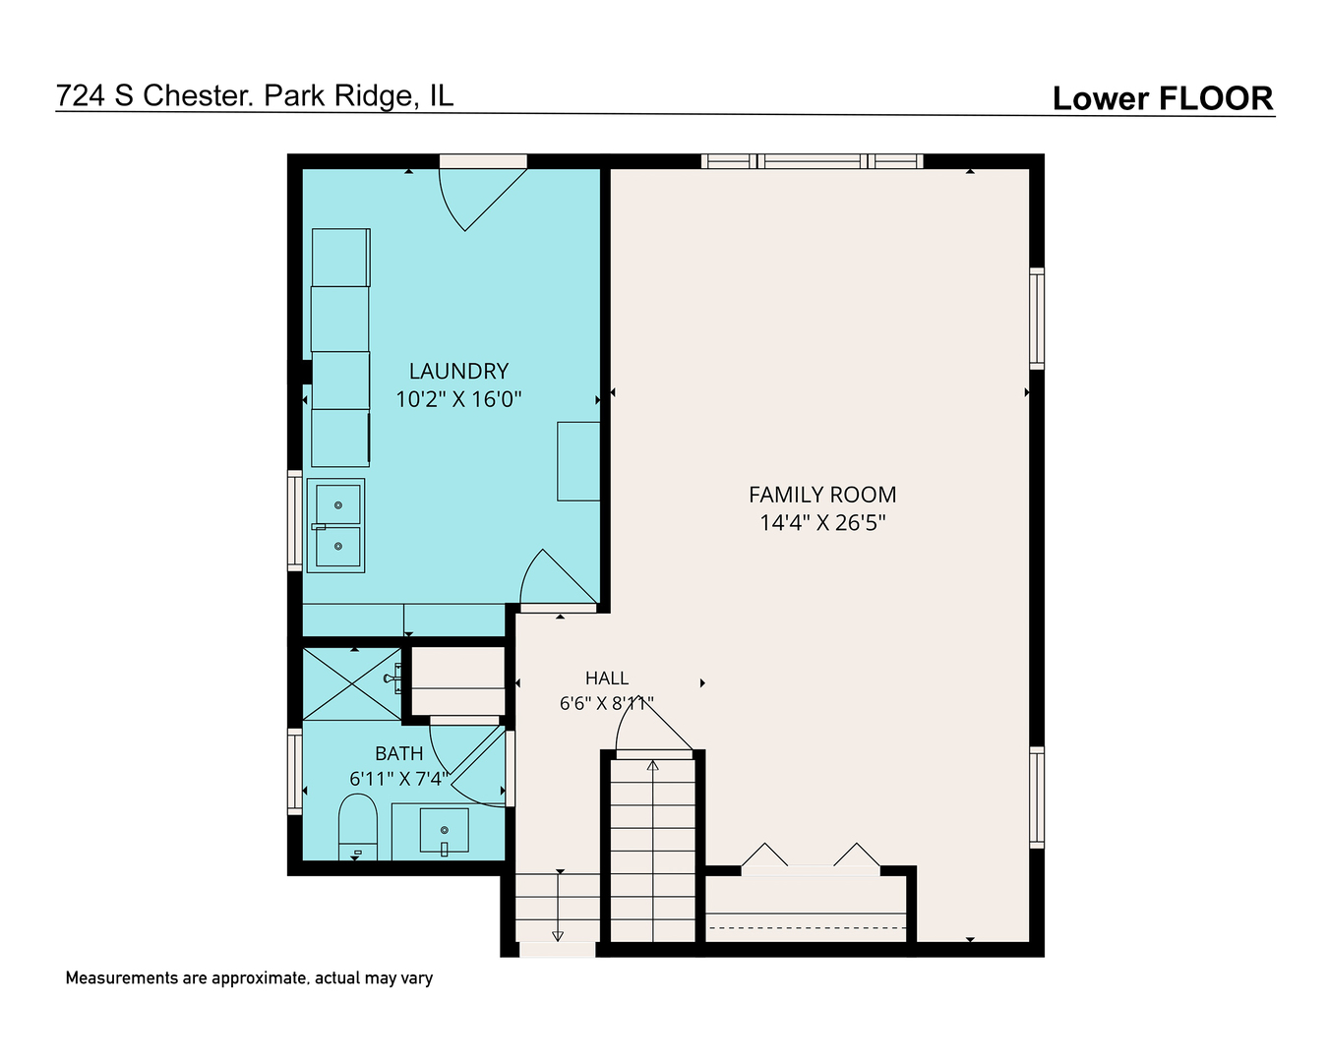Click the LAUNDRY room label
point(458,371)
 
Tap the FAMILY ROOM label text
point(822,495)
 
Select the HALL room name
point(607,678)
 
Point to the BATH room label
point(398,753)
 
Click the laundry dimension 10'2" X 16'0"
point(458,399)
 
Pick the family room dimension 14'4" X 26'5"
point(822,523)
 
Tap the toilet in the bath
point(358,827)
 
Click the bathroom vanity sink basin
point(444,831)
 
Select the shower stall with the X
point(352,683)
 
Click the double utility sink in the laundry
point(335,526)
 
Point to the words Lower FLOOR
point(1164,98)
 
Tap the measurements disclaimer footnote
point(249,978)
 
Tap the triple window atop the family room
point(813,161)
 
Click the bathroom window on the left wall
point(295,772)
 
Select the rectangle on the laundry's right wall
point(578,461)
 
